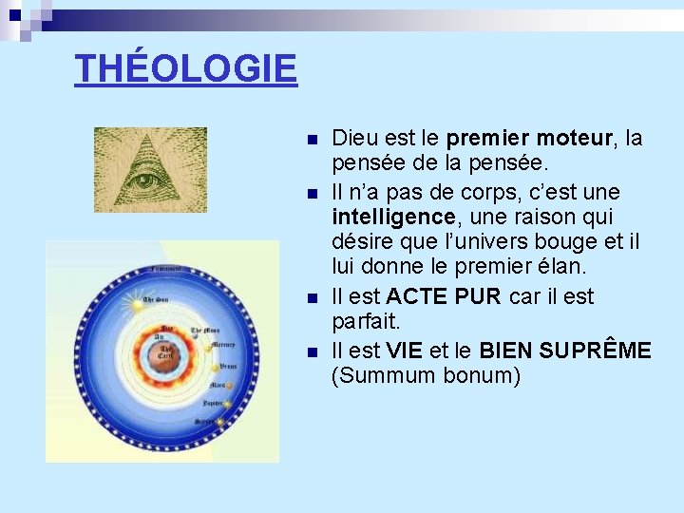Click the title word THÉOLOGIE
186,68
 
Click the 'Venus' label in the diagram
228,365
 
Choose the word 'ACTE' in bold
417,296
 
